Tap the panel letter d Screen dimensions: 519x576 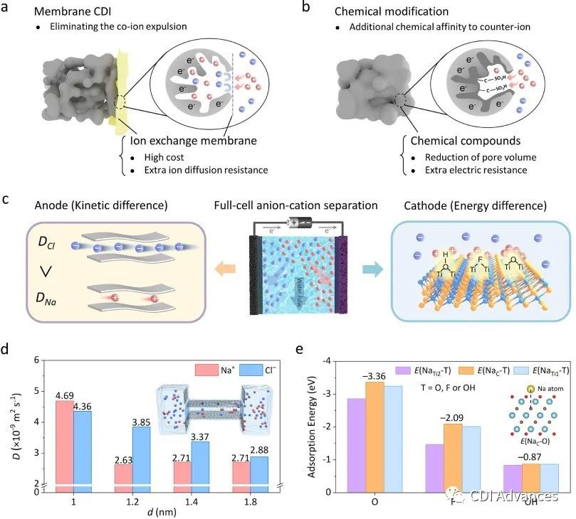tap(6, 350)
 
